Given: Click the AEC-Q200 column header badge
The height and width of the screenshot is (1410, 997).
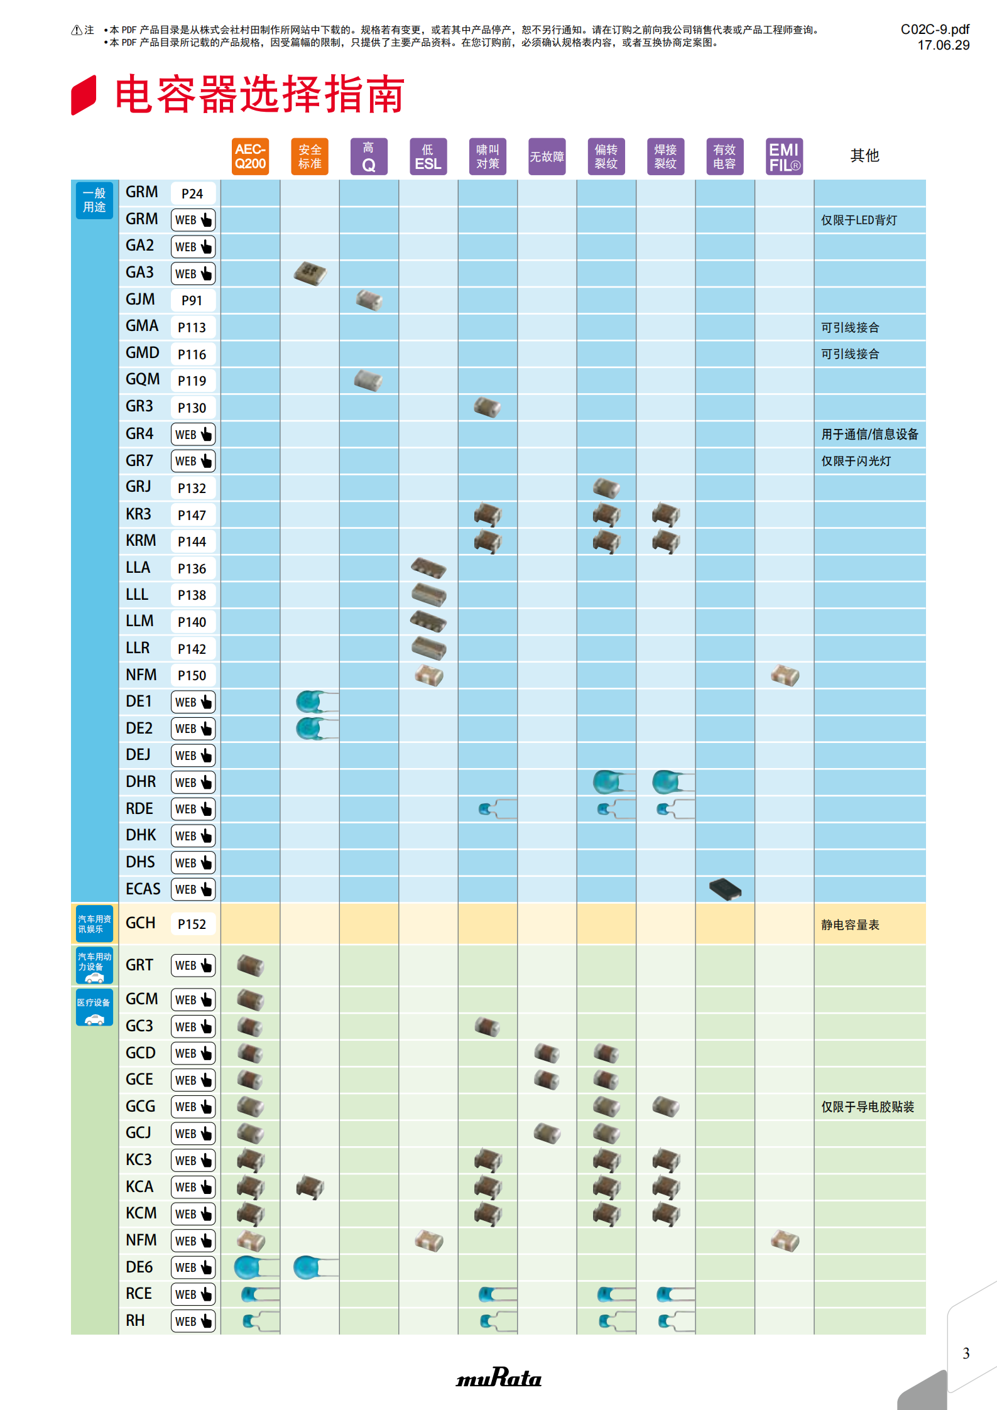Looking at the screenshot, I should (x=250, y=156).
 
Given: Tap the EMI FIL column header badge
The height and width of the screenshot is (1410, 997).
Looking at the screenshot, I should (x=784, y=156).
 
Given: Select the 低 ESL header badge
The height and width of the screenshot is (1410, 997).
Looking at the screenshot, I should (x=428, y=156).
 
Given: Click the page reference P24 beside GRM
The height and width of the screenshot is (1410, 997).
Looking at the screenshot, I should (x=192, y=193).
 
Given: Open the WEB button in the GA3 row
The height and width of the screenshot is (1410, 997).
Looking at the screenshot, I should (x=193, y=274).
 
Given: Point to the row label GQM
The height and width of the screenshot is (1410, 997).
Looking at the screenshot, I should (x=143, y=379).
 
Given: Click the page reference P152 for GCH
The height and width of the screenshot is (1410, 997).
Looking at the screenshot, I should (x=192, y=924).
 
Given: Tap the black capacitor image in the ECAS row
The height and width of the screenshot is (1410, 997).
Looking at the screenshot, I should (x=725, y=889).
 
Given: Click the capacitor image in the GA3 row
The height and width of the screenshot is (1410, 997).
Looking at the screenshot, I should (x=310, y=273).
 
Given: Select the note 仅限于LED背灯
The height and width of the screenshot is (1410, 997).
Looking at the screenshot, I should (x=859, y=220).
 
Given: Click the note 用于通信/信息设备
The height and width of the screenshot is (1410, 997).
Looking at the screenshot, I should (x=869, y=434).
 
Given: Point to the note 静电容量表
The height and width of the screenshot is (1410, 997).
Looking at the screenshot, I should (x=850, y=925).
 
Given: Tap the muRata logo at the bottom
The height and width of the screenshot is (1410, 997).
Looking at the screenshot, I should (x=499, y=1377).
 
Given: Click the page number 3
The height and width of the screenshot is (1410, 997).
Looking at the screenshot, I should (x=966, y=1353).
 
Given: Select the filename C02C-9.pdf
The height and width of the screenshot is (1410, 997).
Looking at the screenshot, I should (x=935, y=30).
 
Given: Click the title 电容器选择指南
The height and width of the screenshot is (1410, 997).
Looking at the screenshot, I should (x=259, y=95).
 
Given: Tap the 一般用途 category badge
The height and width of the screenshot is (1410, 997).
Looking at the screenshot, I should (x=94, y=200).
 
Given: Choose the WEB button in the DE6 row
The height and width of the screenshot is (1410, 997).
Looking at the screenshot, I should (x=193, y=1267).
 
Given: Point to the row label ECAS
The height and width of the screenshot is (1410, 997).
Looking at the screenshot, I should (x=143, y=889).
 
